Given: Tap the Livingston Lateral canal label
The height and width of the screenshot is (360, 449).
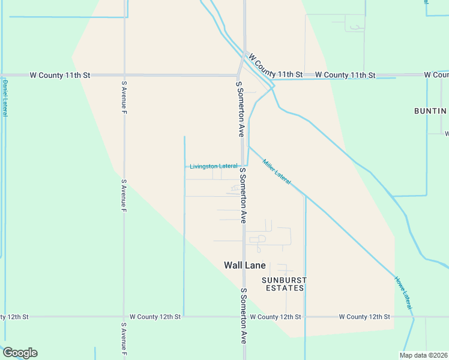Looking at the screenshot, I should [x=213, y=166].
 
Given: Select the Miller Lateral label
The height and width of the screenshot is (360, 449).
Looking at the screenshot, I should [x=277, y=171].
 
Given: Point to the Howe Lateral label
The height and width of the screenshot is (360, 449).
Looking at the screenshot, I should [x=403, y=292].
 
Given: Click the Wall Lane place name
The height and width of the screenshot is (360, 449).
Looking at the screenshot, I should [x=244, y=265].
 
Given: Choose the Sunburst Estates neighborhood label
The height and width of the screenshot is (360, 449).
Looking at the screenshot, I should [x=284, y=284].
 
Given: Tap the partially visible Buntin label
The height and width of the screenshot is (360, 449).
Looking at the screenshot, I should [x=430, y=111].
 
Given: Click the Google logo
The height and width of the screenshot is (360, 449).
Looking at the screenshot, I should [x=20, y=353].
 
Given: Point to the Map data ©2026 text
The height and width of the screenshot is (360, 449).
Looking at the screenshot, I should [x=424, y=355].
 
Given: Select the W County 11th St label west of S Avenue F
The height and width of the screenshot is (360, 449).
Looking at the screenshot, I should [x=59, y=75].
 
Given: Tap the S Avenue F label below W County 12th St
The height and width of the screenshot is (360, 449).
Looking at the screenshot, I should [x=124, y=339].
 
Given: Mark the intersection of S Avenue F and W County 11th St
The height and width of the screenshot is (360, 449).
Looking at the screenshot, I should [x=124, y=75].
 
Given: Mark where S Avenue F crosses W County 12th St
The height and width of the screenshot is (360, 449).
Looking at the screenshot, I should [x=124, y=316].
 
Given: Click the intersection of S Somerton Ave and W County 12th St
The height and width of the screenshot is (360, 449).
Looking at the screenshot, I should [x=244, y=316].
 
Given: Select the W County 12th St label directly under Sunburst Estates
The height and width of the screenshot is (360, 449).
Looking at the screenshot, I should [x=275, y=316].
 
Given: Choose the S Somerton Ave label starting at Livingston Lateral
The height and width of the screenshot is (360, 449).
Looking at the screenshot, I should [x=243, y=196].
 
